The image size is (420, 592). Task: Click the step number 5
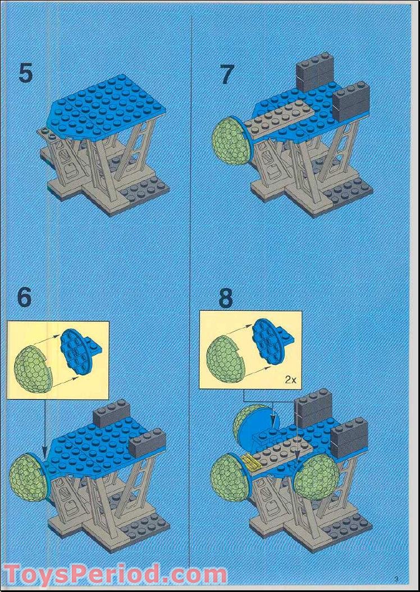pos(25,74)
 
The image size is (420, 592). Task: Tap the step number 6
pos(24,297)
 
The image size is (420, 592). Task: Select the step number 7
pos(226,75)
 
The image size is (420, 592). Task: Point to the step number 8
pos(225,299)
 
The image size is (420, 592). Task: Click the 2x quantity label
pos(290,379)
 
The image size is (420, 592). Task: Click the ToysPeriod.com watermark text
pos(115,575)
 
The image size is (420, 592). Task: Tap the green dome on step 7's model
pos(231,140)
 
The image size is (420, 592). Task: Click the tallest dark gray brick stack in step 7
pos(314,71)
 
